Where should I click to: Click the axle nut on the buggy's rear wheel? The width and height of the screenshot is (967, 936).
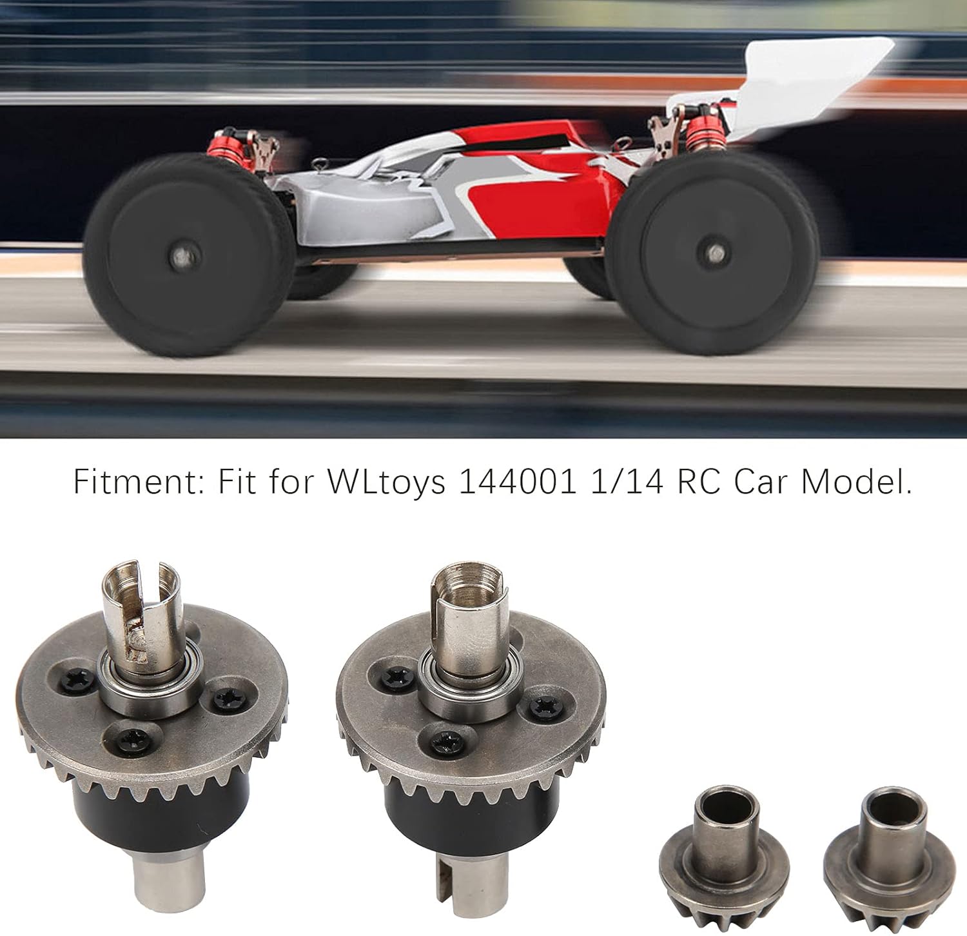(x=712, y=252)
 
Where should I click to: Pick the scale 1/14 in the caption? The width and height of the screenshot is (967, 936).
(x=627, y=482)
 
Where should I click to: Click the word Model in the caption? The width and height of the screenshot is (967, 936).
(x=856, y=482)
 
